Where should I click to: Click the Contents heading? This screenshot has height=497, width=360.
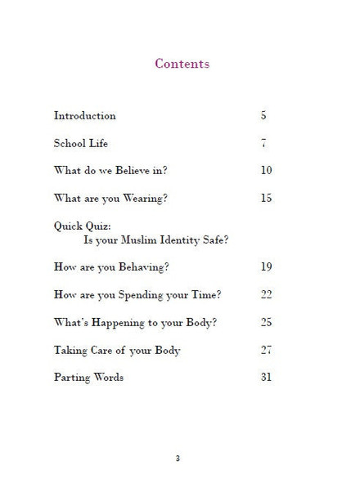[x=182, y=64]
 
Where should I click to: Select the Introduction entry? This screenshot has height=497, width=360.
[x=85, y=116]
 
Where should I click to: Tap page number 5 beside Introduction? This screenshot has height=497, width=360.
[x=263, y=116]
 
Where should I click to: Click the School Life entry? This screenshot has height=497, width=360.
[x=81, y=144]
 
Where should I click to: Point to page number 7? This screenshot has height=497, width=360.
[x=263, y=144]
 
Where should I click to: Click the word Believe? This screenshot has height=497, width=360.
[x=135, y=171]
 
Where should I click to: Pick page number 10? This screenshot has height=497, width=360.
[x=266, y=171]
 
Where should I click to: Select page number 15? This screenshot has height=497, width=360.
[x=266, y=199]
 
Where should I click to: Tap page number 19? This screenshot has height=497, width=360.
[x=266, y=267]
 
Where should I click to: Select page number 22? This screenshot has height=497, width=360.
[x=266, y=295]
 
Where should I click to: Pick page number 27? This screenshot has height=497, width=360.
[x=266, y=351]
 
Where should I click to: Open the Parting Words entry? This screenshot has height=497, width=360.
[x=88, y=378]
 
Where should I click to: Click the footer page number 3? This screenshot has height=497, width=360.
[x=178, y=459]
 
